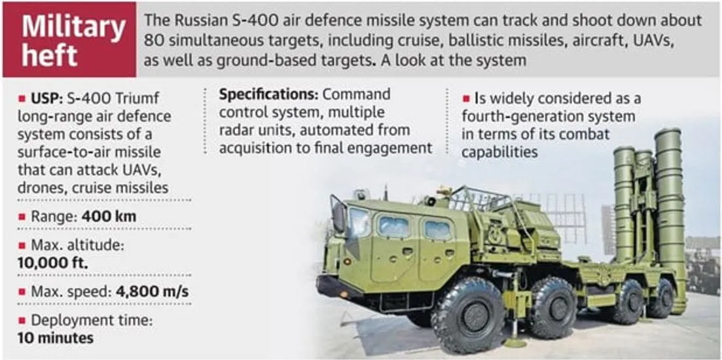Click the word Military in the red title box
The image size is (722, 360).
74,27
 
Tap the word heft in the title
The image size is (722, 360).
49,57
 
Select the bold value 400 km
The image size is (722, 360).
109,217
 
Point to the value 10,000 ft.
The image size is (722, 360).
53,262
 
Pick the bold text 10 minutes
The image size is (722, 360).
55,338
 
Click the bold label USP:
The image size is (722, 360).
47,99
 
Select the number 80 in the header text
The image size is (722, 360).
153,41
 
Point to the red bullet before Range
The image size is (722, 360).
22,217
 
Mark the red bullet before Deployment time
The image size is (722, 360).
22,321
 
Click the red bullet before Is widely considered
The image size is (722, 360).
466,99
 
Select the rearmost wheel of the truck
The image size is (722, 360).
662,298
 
